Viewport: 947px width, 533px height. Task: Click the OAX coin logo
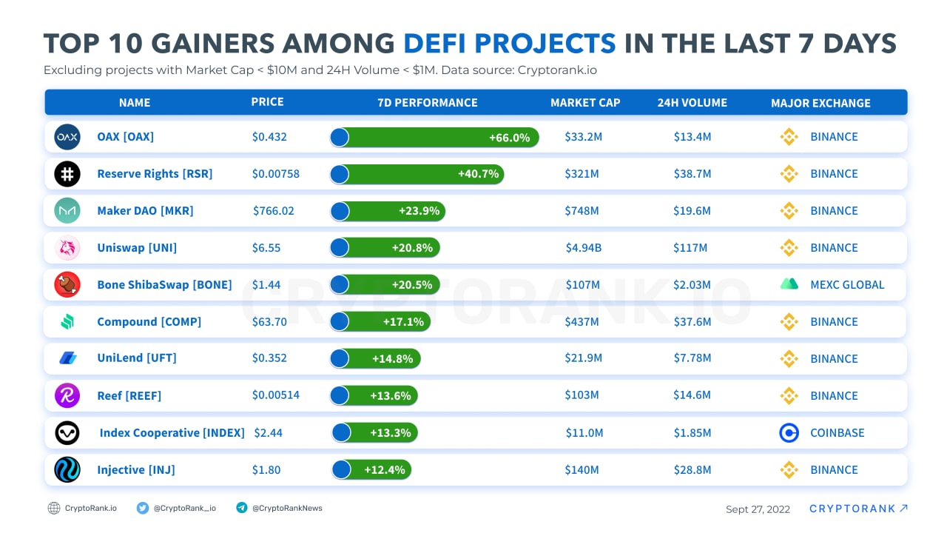[x=67, y=137]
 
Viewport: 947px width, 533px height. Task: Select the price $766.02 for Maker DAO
[x=274, y=211]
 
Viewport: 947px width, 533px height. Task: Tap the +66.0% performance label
[x=509, y=138]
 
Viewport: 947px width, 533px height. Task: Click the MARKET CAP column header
[x=585, y=103]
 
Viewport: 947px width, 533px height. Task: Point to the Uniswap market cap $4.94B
[x=583, y=248]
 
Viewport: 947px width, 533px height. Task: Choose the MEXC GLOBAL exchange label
[x=847, y=285]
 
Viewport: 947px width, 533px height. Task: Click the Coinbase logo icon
[x=789, y=433]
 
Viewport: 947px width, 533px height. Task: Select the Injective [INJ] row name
[x=136, y=470]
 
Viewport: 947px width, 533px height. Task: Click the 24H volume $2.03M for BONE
[x=692, y=285]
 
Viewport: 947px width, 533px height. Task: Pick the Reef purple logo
[x=67, y=395]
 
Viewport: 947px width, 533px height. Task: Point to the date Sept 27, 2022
[x=758, y=509]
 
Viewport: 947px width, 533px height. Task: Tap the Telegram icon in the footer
[x=241, y=508]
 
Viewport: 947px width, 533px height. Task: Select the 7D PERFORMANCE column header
[x=428, y=103]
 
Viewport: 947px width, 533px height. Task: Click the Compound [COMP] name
[x=149, y=322]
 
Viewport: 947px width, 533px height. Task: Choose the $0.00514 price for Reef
[x=276, y=395]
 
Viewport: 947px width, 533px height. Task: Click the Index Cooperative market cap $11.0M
[x=584, y=433]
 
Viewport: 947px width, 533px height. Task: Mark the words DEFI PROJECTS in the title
[x=509, y=44]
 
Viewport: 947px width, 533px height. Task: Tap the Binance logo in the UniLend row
[x=789, y=359]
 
